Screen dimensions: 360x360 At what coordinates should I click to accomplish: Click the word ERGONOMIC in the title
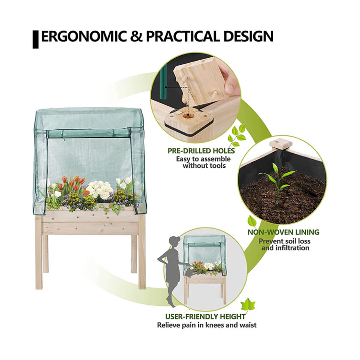84,36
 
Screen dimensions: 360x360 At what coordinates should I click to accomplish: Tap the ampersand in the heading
136,36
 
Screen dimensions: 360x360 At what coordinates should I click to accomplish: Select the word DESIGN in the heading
248,36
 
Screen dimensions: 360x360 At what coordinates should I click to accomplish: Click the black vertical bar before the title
35,39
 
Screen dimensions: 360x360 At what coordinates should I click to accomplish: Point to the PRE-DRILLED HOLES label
201,151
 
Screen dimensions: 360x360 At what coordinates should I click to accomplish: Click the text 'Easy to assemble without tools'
204,162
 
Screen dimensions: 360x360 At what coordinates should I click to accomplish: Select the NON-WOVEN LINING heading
283,232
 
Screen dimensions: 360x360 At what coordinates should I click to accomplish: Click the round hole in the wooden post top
187,116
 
